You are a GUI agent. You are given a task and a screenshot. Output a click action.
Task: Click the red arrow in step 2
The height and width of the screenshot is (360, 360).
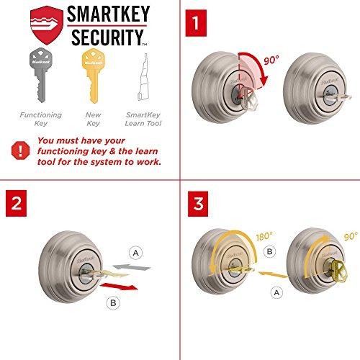coord(123,289)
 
